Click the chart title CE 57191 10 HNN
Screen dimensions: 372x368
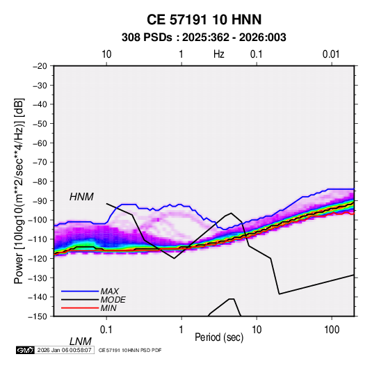(204, 19)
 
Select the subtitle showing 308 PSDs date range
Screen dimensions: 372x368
(204, 38)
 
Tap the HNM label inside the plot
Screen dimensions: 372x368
(81, 197)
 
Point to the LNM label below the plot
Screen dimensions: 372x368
(81, 342)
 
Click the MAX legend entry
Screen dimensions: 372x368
(109, 291)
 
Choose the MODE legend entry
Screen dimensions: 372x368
(113, 300)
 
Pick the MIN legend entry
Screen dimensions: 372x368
(108, 308)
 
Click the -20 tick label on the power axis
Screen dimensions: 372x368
(40, 66)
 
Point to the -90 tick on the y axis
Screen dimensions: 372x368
(40, 201)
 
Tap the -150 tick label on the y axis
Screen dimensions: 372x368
(38, 317)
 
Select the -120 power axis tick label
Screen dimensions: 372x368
(38, 259)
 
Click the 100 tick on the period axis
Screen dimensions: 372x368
(332, 330)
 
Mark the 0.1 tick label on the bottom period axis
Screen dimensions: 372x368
(106, 330)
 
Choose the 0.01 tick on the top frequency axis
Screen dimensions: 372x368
(331, 54)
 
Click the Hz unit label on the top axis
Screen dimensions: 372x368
(219, 54)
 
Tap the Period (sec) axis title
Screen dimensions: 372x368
(219, 337)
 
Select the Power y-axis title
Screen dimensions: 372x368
(19, 191)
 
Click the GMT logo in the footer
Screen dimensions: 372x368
(25, 350)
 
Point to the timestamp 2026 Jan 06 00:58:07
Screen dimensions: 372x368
(64, 350)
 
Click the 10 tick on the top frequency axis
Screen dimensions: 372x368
(106, 54)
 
